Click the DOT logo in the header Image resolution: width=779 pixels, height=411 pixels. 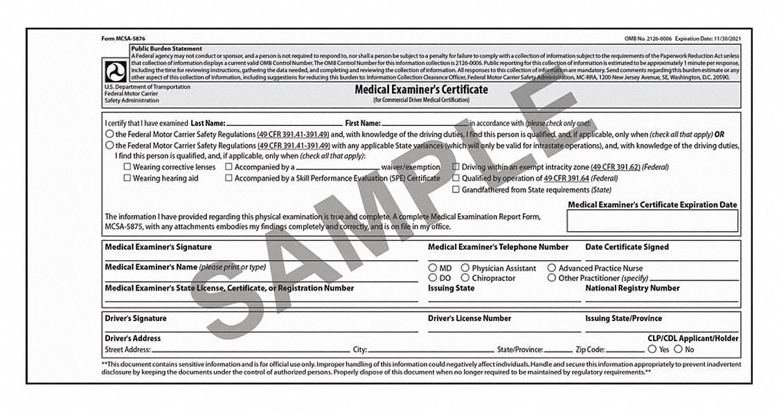pos(113,71)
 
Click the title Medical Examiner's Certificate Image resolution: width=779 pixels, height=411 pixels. pos(421,90)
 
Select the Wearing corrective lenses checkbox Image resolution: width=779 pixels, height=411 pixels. pos(127,167)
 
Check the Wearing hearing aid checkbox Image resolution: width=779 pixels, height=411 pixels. pos(127,179)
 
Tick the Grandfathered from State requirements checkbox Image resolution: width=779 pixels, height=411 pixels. pos(456,190)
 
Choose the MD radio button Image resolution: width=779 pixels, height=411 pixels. pos(432,268)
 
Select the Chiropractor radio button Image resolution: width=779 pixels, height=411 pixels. pos(465,278)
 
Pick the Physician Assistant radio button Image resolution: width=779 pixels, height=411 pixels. pos(465,268)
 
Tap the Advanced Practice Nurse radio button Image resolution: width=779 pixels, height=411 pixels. pos(552,268)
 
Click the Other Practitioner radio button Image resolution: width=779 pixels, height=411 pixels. pos(552,278)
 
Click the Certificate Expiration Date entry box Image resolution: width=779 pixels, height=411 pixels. pos(652,221)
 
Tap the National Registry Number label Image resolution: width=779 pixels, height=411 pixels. pos(632,288)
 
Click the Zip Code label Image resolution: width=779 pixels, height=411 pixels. pos(591,350)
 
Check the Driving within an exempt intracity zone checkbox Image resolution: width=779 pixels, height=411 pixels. pos(456,167)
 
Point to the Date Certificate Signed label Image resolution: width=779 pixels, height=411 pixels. pos(627,247)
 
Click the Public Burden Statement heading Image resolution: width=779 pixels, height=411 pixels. pos(166,49)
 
